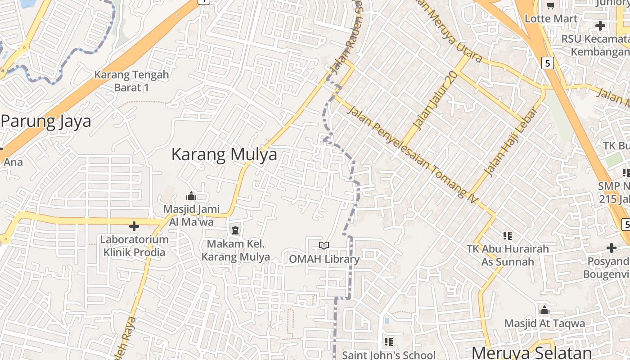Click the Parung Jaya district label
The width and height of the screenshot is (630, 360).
click(x=46, y=121)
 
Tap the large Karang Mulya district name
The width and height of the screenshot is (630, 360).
click(x=224, y=154)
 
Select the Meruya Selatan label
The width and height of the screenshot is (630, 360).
click(x=531, y=352)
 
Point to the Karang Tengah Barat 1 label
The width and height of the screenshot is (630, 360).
click(x=131, y=81)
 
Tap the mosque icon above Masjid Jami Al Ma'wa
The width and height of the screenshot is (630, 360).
click(x=191, y=196)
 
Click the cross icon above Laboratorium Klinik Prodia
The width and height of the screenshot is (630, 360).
click(x=134, y=226)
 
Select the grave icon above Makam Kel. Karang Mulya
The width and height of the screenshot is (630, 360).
click(x=235, y=231)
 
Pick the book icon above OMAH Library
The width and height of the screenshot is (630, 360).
click(x=324, y=245)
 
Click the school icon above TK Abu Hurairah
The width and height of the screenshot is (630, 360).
click(x=508, y=235)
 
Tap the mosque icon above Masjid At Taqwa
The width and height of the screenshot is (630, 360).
click(x=544, y=310)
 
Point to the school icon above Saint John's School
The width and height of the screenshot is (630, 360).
click(x=389, y=342)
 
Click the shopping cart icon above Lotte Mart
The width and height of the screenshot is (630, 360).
click(x=550, y=5)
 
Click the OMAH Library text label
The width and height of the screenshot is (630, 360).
click(x=324, y=259)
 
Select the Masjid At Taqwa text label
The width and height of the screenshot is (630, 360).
click(x=544, y=323)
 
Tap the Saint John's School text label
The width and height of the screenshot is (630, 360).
click(x=389, y=355)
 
